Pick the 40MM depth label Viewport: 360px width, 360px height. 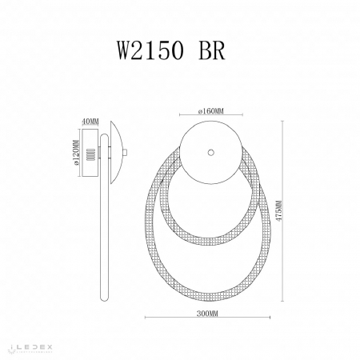click(90, 121)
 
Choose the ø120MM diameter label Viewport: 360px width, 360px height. click(74, 150)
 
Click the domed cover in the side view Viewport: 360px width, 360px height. click(115, 150)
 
